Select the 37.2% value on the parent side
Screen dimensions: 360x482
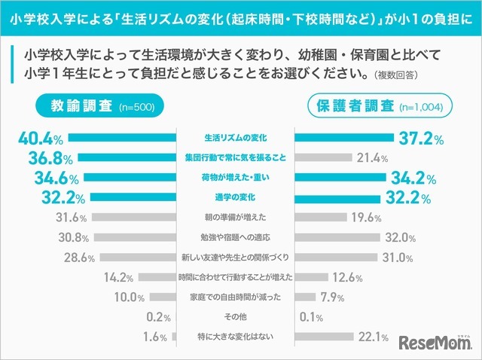coord(419,139)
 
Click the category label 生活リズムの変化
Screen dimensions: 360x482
coord(236,139)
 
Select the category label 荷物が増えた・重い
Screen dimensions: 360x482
coord(236,178)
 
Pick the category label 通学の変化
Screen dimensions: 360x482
coord(236,198)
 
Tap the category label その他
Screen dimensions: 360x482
coord(236,316)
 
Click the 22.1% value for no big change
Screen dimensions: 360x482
coord(374,337)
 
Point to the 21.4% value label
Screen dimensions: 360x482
coord(373,159)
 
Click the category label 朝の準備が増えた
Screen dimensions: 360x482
coord(236,218)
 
